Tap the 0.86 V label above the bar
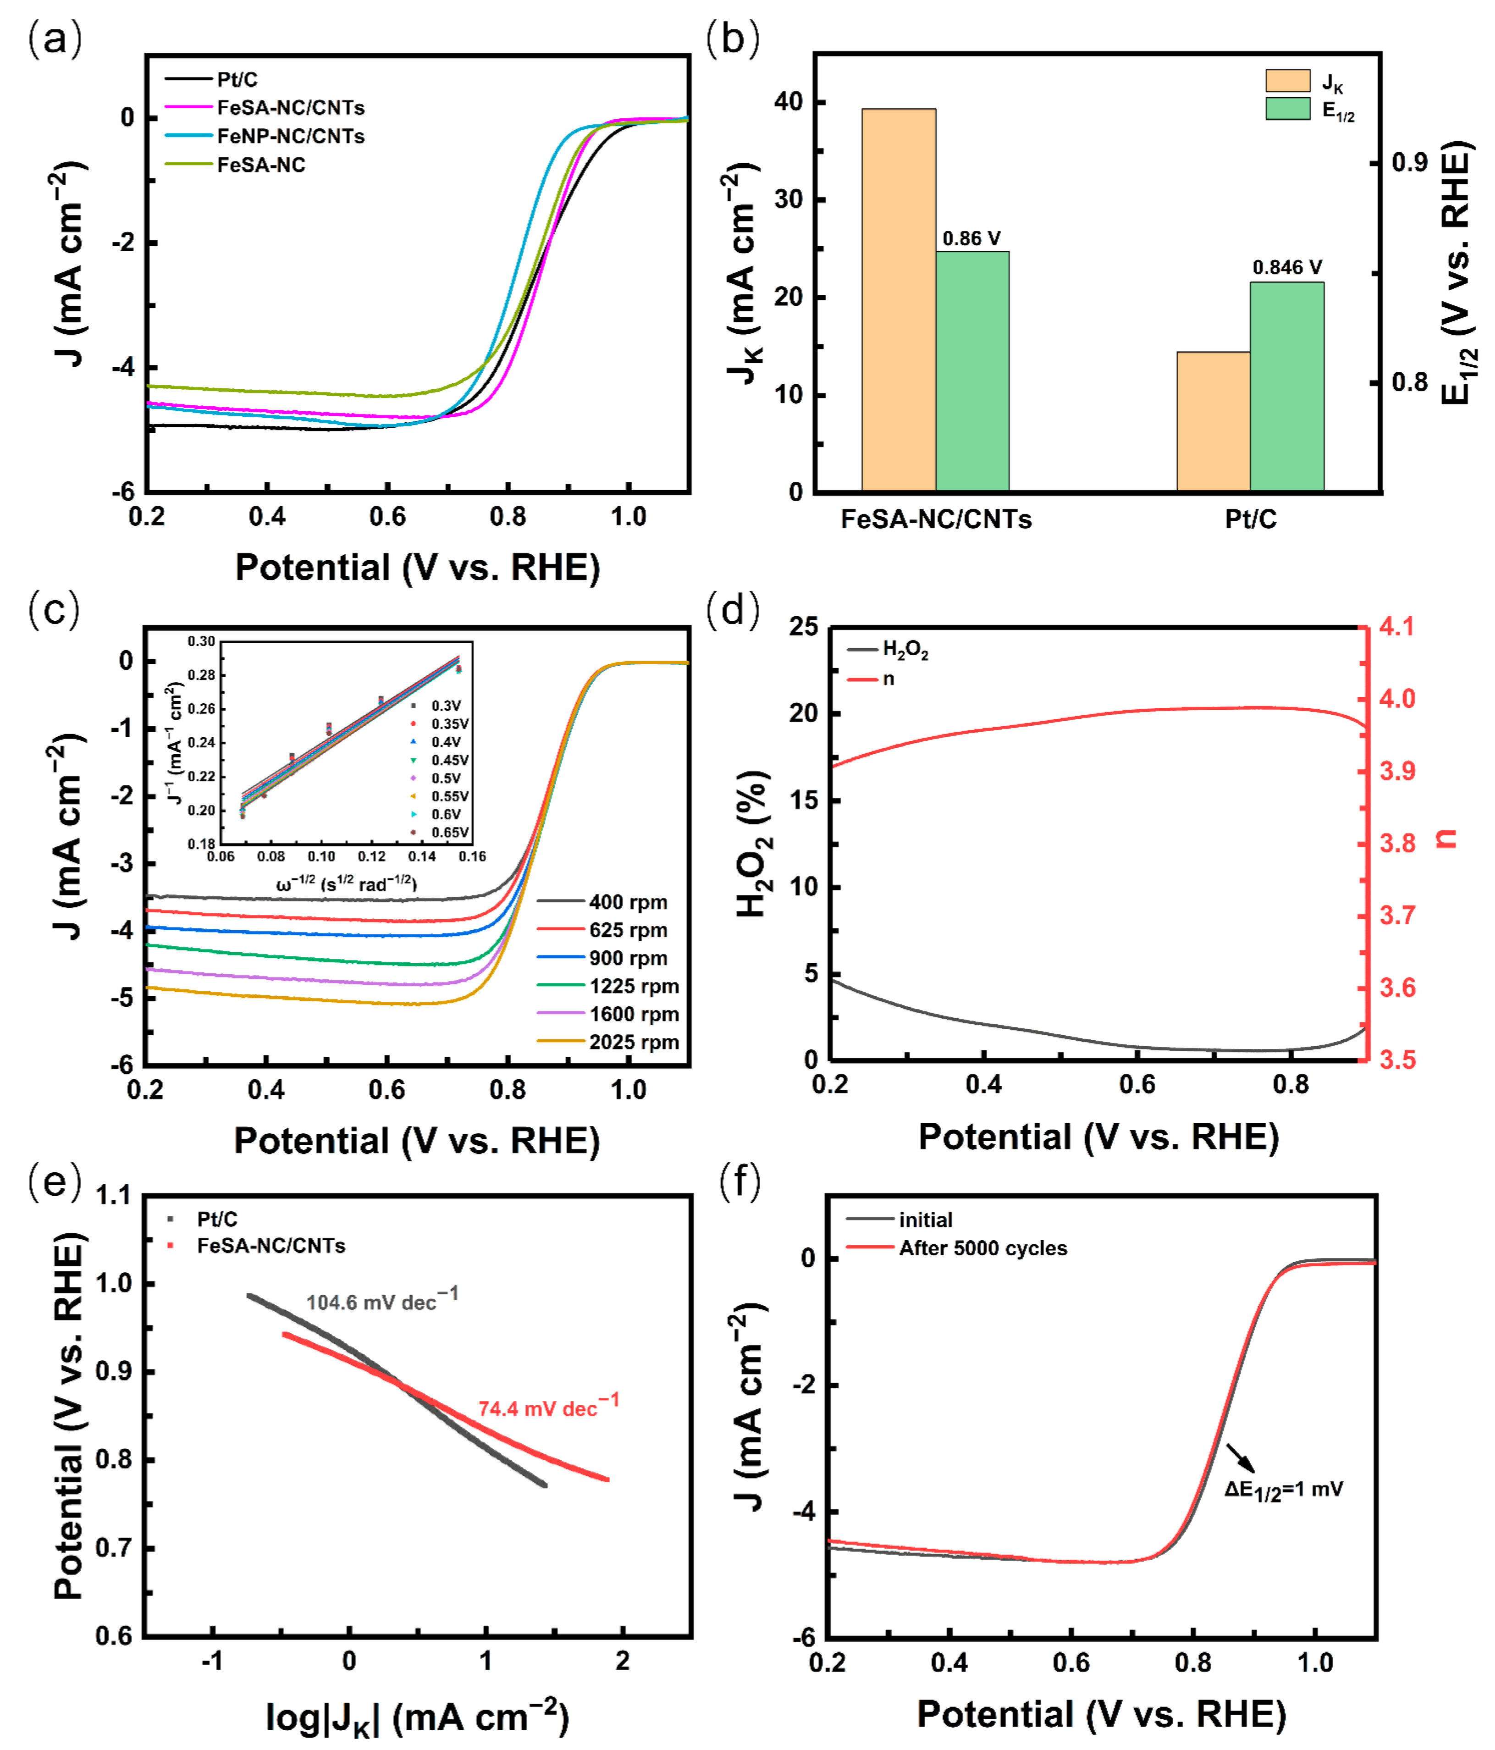[x=971, y=239]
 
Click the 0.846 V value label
[x=1286, y=268]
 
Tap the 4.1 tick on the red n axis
[x=1396, y=627]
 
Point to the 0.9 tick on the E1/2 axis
[x=1409, y=162]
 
